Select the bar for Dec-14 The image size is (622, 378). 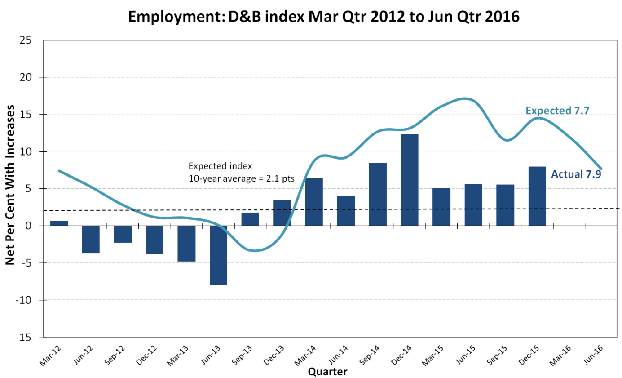coord(410,179)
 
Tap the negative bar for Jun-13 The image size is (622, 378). coord(218,255)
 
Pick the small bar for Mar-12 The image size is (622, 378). coord(59,223)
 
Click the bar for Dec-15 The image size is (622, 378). coord(537,196)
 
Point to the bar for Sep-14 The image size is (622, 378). coord(378,194)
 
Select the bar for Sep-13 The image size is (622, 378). coord(250,219)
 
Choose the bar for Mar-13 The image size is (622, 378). coord(186,243)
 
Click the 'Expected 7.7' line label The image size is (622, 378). coord(557,110)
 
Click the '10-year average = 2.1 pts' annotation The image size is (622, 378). coord(241,178)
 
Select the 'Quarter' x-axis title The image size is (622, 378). coord(327,372)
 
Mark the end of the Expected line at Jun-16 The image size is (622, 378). coord(601,169)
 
